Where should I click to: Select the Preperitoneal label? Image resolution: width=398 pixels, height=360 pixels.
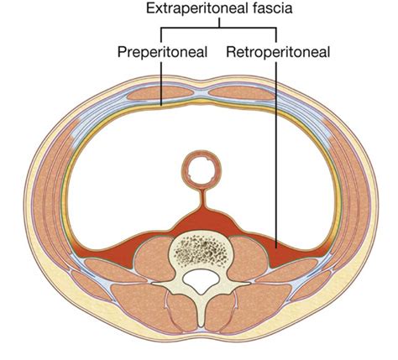pos(162,52)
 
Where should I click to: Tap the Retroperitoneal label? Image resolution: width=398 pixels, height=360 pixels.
pos(278,52)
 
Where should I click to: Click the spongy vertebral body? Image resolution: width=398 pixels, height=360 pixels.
pos(202,250)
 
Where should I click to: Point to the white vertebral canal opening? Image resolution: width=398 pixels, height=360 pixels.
pos(201,280)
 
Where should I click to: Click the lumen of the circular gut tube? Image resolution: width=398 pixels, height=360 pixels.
pos(202,170)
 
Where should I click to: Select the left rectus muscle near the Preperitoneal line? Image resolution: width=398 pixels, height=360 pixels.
pos(160,92)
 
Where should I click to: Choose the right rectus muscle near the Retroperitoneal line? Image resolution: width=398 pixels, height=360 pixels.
pos(242,92)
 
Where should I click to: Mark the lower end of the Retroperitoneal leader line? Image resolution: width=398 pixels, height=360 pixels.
pos(276,248)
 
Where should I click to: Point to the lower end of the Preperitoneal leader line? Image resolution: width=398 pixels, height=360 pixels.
pos(161,105)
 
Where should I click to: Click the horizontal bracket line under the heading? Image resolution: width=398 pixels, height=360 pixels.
pos(218,28)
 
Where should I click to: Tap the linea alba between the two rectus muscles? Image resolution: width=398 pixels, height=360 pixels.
pos(201,93)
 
